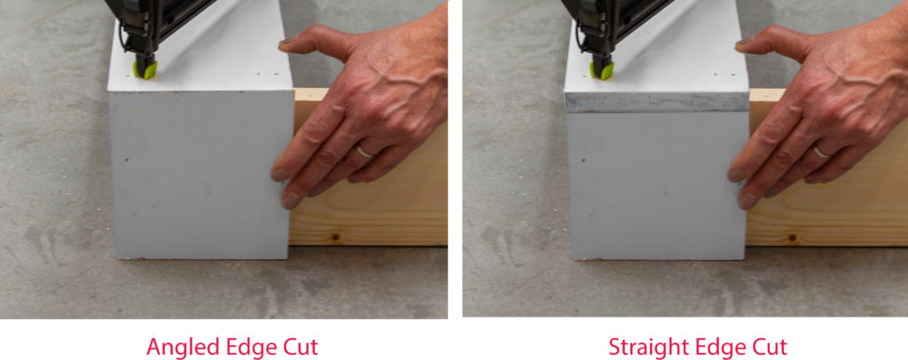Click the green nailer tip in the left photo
(x=145, y=70)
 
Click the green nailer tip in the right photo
(x=602, y=71)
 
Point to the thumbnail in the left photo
(x=288, y=41)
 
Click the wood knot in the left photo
(x=334, y=238)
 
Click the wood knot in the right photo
(x=792, y=238)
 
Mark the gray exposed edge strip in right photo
(x=657, y=103)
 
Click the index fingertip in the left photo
(x=290, y=200)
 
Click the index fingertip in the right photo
(x=747, y=200)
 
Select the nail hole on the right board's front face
(x=583, y=160)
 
